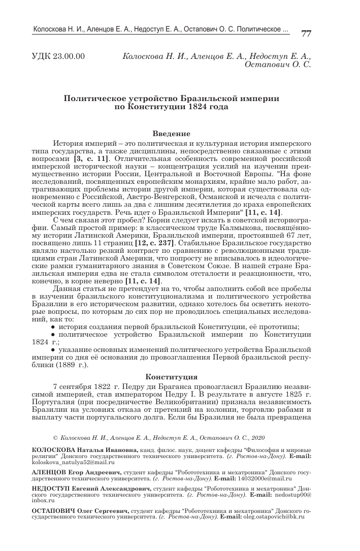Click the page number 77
point(306,34)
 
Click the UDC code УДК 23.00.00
point(58,56)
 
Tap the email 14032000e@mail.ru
point(264,478)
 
